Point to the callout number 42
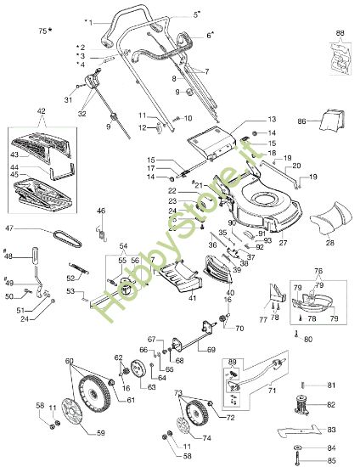click(42, 111)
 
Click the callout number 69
click(235, 350)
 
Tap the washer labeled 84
click(298, 447)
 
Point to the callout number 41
click(168, 297)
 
